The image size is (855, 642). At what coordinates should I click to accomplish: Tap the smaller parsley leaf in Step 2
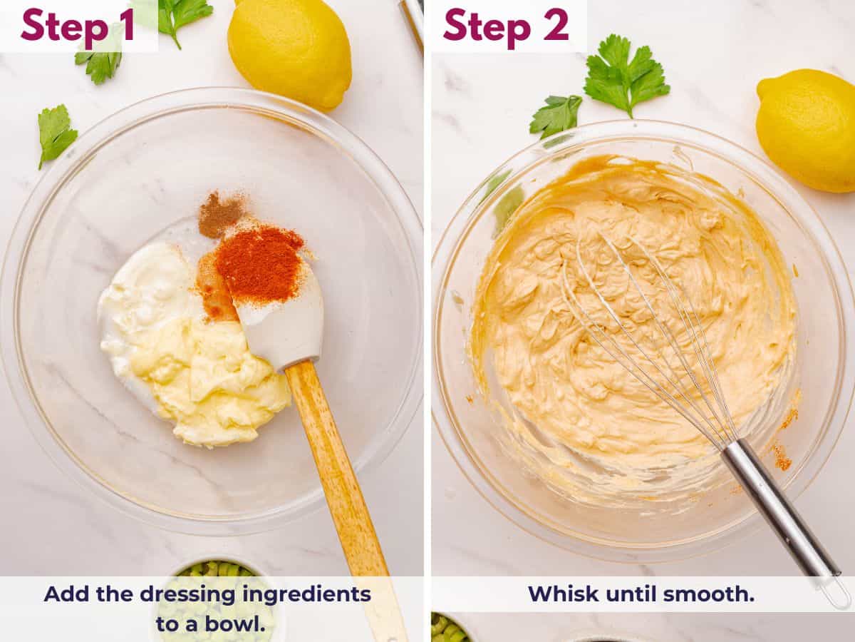(x=555, y=115)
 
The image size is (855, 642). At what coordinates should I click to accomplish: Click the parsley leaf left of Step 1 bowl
(x=56, y=133)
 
